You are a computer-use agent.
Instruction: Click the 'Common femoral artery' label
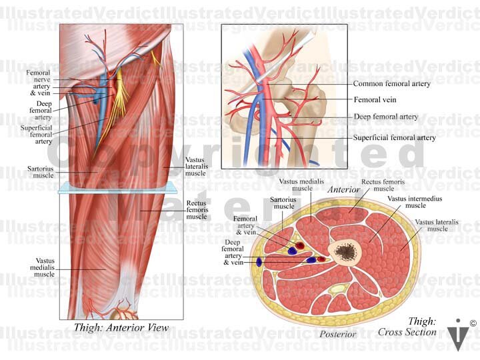tap(391, 84)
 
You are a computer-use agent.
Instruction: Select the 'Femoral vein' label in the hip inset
tap(375, 99)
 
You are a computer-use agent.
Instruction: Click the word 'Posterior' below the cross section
tap(338, 334)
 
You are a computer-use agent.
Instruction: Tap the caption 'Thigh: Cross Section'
tap(407, 327)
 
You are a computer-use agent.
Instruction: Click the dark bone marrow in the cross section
tap(345, 251)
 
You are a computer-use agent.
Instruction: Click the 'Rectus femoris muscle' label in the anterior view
tap(197, 209)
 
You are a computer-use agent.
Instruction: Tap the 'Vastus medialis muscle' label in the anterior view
tap(44, 267)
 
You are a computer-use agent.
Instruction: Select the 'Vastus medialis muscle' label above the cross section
tap(296, 185)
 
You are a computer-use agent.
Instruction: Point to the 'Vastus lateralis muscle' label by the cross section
tap(431, 225)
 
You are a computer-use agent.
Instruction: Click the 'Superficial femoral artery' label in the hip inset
tap(394, 138)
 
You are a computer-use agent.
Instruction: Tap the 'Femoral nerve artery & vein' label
tap(39, 82)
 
